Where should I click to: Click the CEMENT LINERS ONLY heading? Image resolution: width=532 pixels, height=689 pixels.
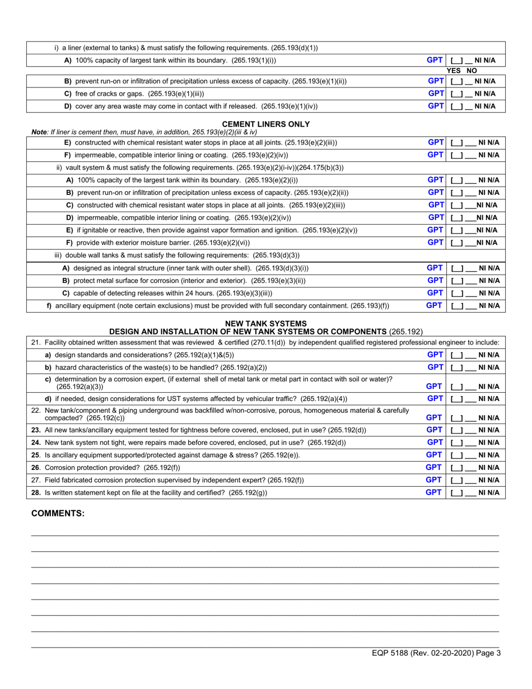click(x=266, y=124)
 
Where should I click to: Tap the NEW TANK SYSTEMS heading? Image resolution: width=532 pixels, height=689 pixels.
click(x=266, y=323)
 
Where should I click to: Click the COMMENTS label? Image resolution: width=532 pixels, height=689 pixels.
click(x=58, y=513)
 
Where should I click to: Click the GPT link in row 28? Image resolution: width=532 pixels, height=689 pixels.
click(x=435, y=492)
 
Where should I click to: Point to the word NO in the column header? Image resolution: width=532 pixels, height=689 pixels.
click(x=472, y=71)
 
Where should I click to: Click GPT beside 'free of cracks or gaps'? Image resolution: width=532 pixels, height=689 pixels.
click(x=436, y=94)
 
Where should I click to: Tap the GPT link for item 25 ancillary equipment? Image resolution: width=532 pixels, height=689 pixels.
click(x=435, y=455)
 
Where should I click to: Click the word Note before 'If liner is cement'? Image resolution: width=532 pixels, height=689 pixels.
click(x=39, y=132)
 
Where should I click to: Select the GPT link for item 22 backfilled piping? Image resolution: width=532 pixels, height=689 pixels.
click(x=435, y=417)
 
